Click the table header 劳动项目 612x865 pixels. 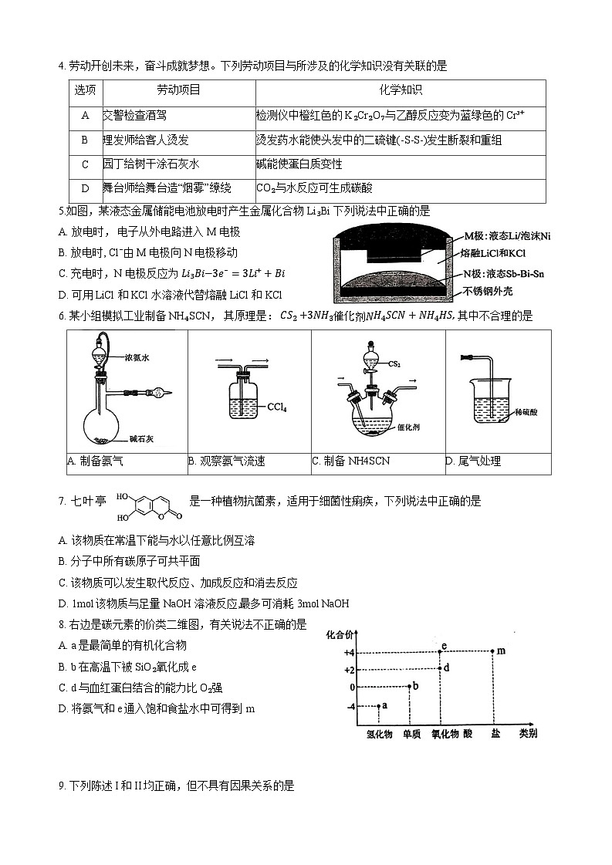click(178, 90)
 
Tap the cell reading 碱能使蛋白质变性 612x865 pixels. click(299, 164)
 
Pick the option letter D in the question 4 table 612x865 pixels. click(85, 188)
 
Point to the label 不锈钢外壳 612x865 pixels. click(489, 292)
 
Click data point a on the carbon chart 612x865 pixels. click(378, 705)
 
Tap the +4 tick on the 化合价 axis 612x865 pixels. click(349, 652)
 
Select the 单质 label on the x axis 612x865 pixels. click(411, 734)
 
